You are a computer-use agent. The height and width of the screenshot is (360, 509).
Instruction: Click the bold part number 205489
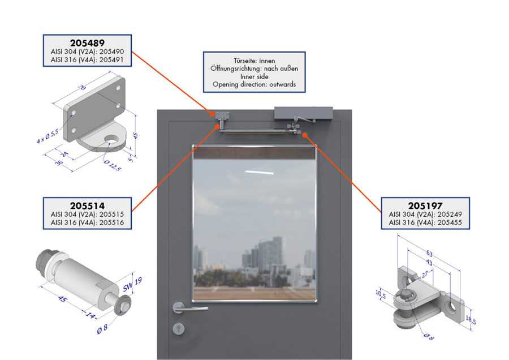pos(87,43)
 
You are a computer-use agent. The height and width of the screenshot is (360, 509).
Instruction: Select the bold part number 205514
pos(87,205)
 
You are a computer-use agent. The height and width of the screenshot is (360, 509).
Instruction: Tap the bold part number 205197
pos(425,205)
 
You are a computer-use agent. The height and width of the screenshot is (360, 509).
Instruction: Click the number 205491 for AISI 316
pos(111,60)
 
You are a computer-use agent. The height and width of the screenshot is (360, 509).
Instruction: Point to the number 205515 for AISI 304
pos(111,214)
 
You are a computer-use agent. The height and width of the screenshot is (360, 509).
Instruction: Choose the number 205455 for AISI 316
pos(450,222)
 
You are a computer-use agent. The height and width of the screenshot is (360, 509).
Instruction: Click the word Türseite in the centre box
pos(245,61)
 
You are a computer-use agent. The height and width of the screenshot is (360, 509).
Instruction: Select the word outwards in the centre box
pos(282,84)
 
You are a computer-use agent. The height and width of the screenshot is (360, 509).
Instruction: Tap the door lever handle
pos(189,308)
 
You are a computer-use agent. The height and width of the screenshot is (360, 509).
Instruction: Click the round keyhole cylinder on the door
pos(179,328)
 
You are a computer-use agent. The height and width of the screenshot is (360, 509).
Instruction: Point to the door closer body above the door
pos(304,113)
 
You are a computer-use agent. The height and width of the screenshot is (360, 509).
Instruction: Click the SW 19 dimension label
pos(132,285)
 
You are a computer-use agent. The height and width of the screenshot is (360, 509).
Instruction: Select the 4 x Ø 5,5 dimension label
pos(48,136)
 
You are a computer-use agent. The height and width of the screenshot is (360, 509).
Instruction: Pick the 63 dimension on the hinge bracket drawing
pos(429,254)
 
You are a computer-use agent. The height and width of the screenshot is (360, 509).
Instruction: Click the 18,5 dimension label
pos(471,320)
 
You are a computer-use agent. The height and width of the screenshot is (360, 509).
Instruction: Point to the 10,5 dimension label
pos(381,294)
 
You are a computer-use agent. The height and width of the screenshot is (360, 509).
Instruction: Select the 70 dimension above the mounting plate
pos(83,87)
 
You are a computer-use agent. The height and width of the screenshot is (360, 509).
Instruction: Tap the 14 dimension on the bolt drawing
pos(90,315)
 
